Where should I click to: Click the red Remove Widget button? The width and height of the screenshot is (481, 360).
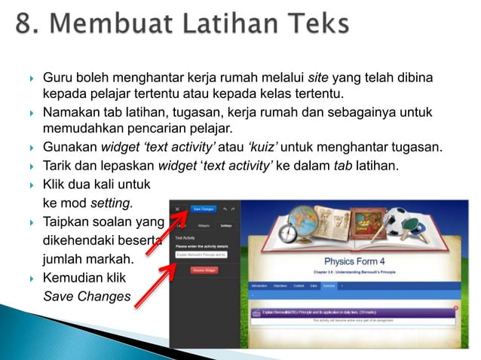204,269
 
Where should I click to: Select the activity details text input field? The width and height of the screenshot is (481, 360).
201,255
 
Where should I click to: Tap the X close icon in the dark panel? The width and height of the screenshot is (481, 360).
177,209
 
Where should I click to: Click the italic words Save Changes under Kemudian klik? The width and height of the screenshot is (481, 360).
87,297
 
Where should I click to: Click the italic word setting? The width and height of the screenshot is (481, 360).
111,203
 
